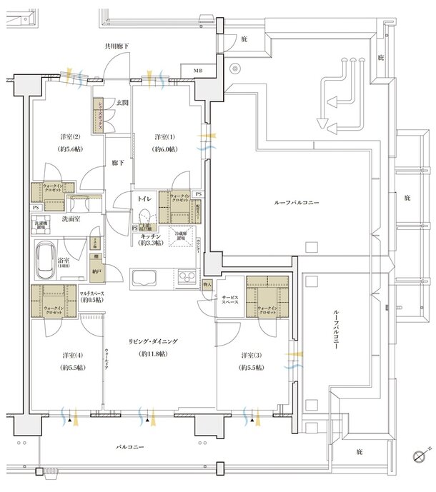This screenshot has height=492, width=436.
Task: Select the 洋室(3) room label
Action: (249, 355)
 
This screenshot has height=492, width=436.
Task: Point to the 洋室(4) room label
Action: (69, 355)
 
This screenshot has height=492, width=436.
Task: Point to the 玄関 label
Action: (121, 103)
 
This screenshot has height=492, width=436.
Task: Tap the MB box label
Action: (197, 71)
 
